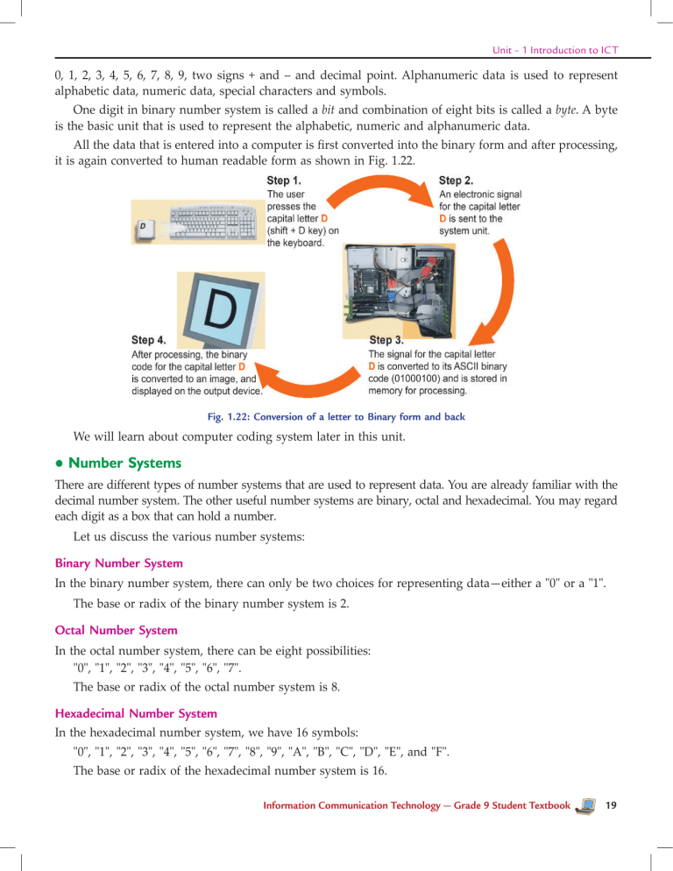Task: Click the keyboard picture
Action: pos(214,223)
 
